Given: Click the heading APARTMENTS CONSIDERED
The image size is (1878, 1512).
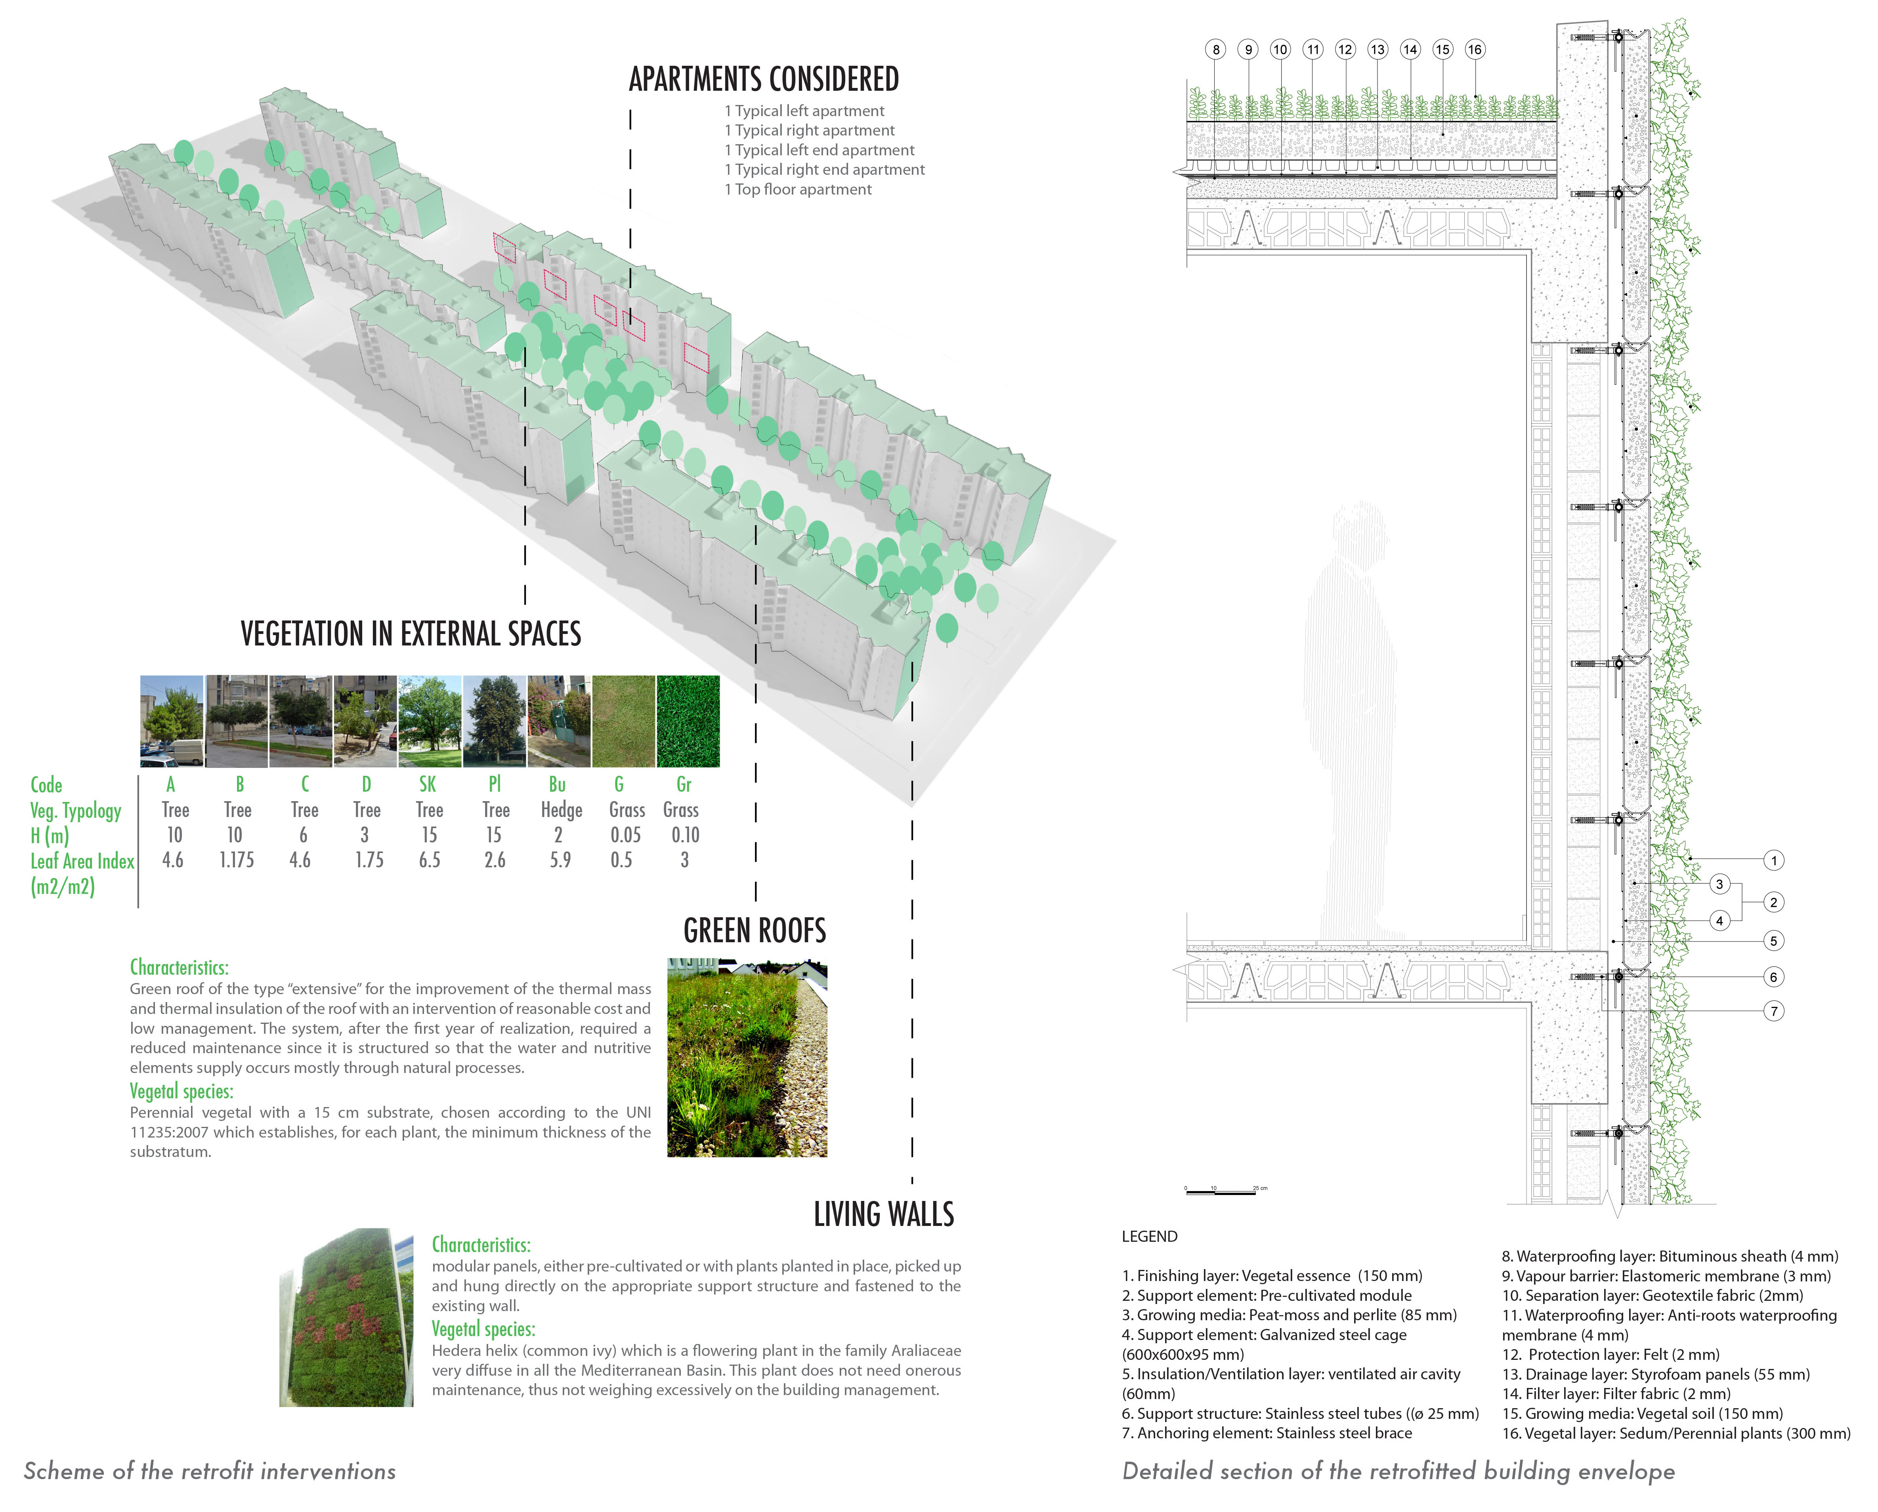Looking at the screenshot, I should click(764, 79).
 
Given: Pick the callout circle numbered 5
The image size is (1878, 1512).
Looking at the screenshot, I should click(1773, 941).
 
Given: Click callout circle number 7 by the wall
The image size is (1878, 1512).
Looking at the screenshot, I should click(1773, 1011).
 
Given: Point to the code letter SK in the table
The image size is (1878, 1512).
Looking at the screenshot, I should click(428, 785).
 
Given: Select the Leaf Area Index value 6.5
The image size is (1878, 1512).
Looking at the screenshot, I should click(430, 861).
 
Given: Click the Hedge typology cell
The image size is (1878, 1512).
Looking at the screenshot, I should click(561, 810).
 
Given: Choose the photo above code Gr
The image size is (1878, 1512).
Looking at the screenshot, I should click(688, 721).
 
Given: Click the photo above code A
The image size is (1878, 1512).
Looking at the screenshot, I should click(172, 721).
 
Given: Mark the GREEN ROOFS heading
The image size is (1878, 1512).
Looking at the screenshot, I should click(755, 931).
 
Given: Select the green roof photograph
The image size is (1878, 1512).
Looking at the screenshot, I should click(747, 1058).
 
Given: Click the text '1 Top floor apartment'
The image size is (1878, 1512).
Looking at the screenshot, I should click(798, 190).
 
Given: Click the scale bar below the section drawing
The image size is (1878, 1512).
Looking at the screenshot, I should click(1224, 1190).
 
